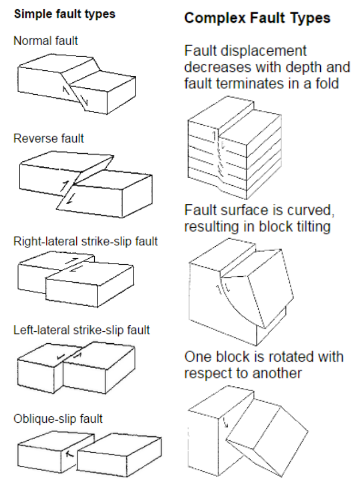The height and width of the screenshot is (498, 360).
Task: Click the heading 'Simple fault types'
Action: click(64, 15)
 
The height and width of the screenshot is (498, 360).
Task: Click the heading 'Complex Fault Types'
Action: click(257, 18)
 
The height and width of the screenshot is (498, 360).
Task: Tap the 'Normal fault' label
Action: click(46, 40)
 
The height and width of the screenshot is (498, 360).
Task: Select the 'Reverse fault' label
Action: click(49, 138)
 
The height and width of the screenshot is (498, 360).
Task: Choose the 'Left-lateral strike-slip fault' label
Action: click(82, 330)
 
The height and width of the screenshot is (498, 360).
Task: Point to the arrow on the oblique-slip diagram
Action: click(69, 453)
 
